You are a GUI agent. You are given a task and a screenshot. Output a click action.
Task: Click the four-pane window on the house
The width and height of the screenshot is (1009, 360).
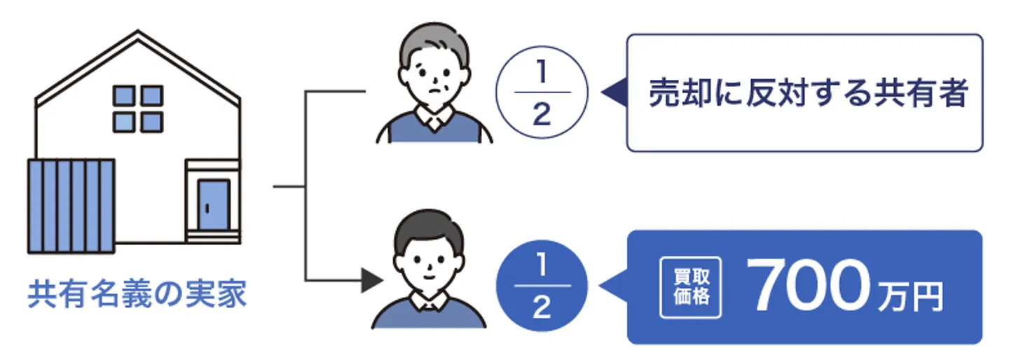coord(137,109)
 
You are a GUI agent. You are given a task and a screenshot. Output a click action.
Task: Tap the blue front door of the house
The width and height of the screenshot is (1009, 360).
coord(213,205)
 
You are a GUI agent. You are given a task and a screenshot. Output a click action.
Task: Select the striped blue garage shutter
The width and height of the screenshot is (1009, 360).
coord(71,206)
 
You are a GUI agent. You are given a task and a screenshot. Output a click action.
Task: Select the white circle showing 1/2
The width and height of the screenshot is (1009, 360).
coord(541,93)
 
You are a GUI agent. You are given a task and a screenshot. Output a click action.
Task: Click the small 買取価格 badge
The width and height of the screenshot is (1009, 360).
coord(690,288)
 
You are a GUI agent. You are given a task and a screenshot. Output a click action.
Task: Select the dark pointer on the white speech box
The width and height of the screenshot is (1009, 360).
coord(614,93)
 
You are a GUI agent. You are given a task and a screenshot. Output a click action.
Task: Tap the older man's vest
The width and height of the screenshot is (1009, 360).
coord(434,130)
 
